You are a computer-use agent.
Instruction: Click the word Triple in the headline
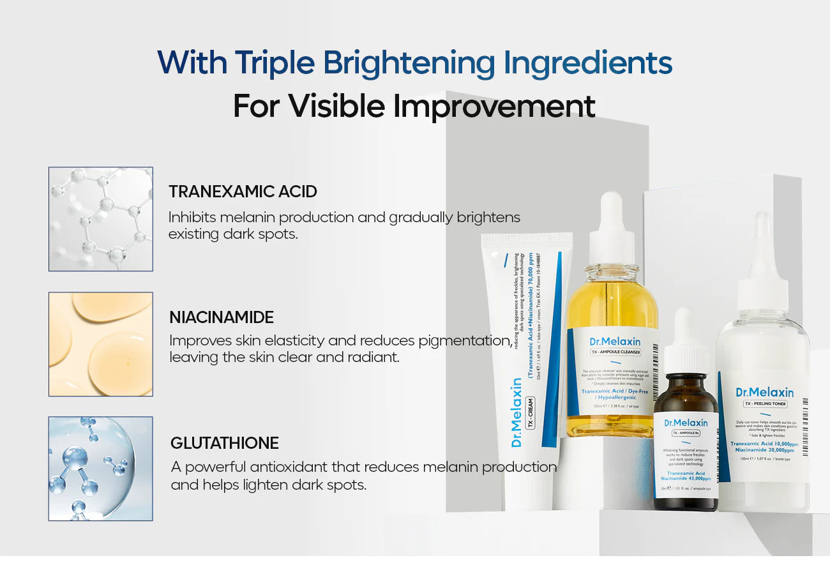(274, 63)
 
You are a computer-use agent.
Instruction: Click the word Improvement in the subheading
(494, 106)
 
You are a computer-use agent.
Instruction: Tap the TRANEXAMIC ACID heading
(243, 192)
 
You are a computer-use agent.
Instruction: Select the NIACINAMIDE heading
(222, 317)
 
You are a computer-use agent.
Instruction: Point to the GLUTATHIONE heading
(225, 443)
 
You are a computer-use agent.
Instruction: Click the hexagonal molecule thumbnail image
(101, 219)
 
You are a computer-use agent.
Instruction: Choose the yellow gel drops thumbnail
(101, 344)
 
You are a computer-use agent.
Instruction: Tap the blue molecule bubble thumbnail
(101, 469)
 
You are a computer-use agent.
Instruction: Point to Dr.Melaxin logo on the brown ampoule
(686, 423)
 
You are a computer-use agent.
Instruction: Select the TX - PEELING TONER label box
(765, 404)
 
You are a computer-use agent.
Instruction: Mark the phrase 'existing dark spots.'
(233, 234)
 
